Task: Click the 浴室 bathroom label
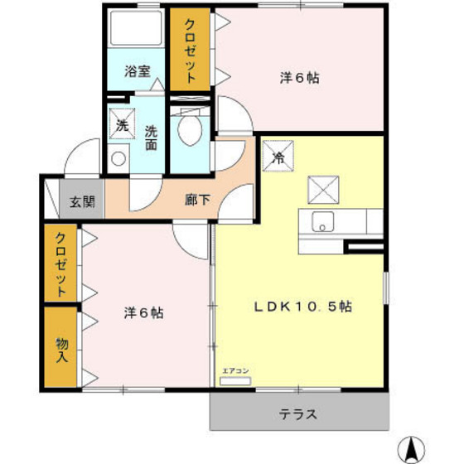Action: [x=138, y=72]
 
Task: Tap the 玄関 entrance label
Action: [x=81, y=201]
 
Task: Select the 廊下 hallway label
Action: [x=197, y=200]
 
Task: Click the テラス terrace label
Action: [x=298, y=413]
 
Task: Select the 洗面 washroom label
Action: [x=152, y=137]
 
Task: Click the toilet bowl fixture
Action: [x=189, y=130]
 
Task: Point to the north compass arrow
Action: [x=411, y=447]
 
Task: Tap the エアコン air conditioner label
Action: [x=235, y=371]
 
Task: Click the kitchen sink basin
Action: [x=321, y=222]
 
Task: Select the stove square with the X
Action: [x=321, y=190]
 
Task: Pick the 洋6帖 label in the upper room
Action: [x=298, y=79]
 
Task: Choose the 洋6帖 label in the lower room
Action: [x=143, y=313]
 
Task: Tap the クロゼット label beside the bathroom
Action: [x=190, y=50]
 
